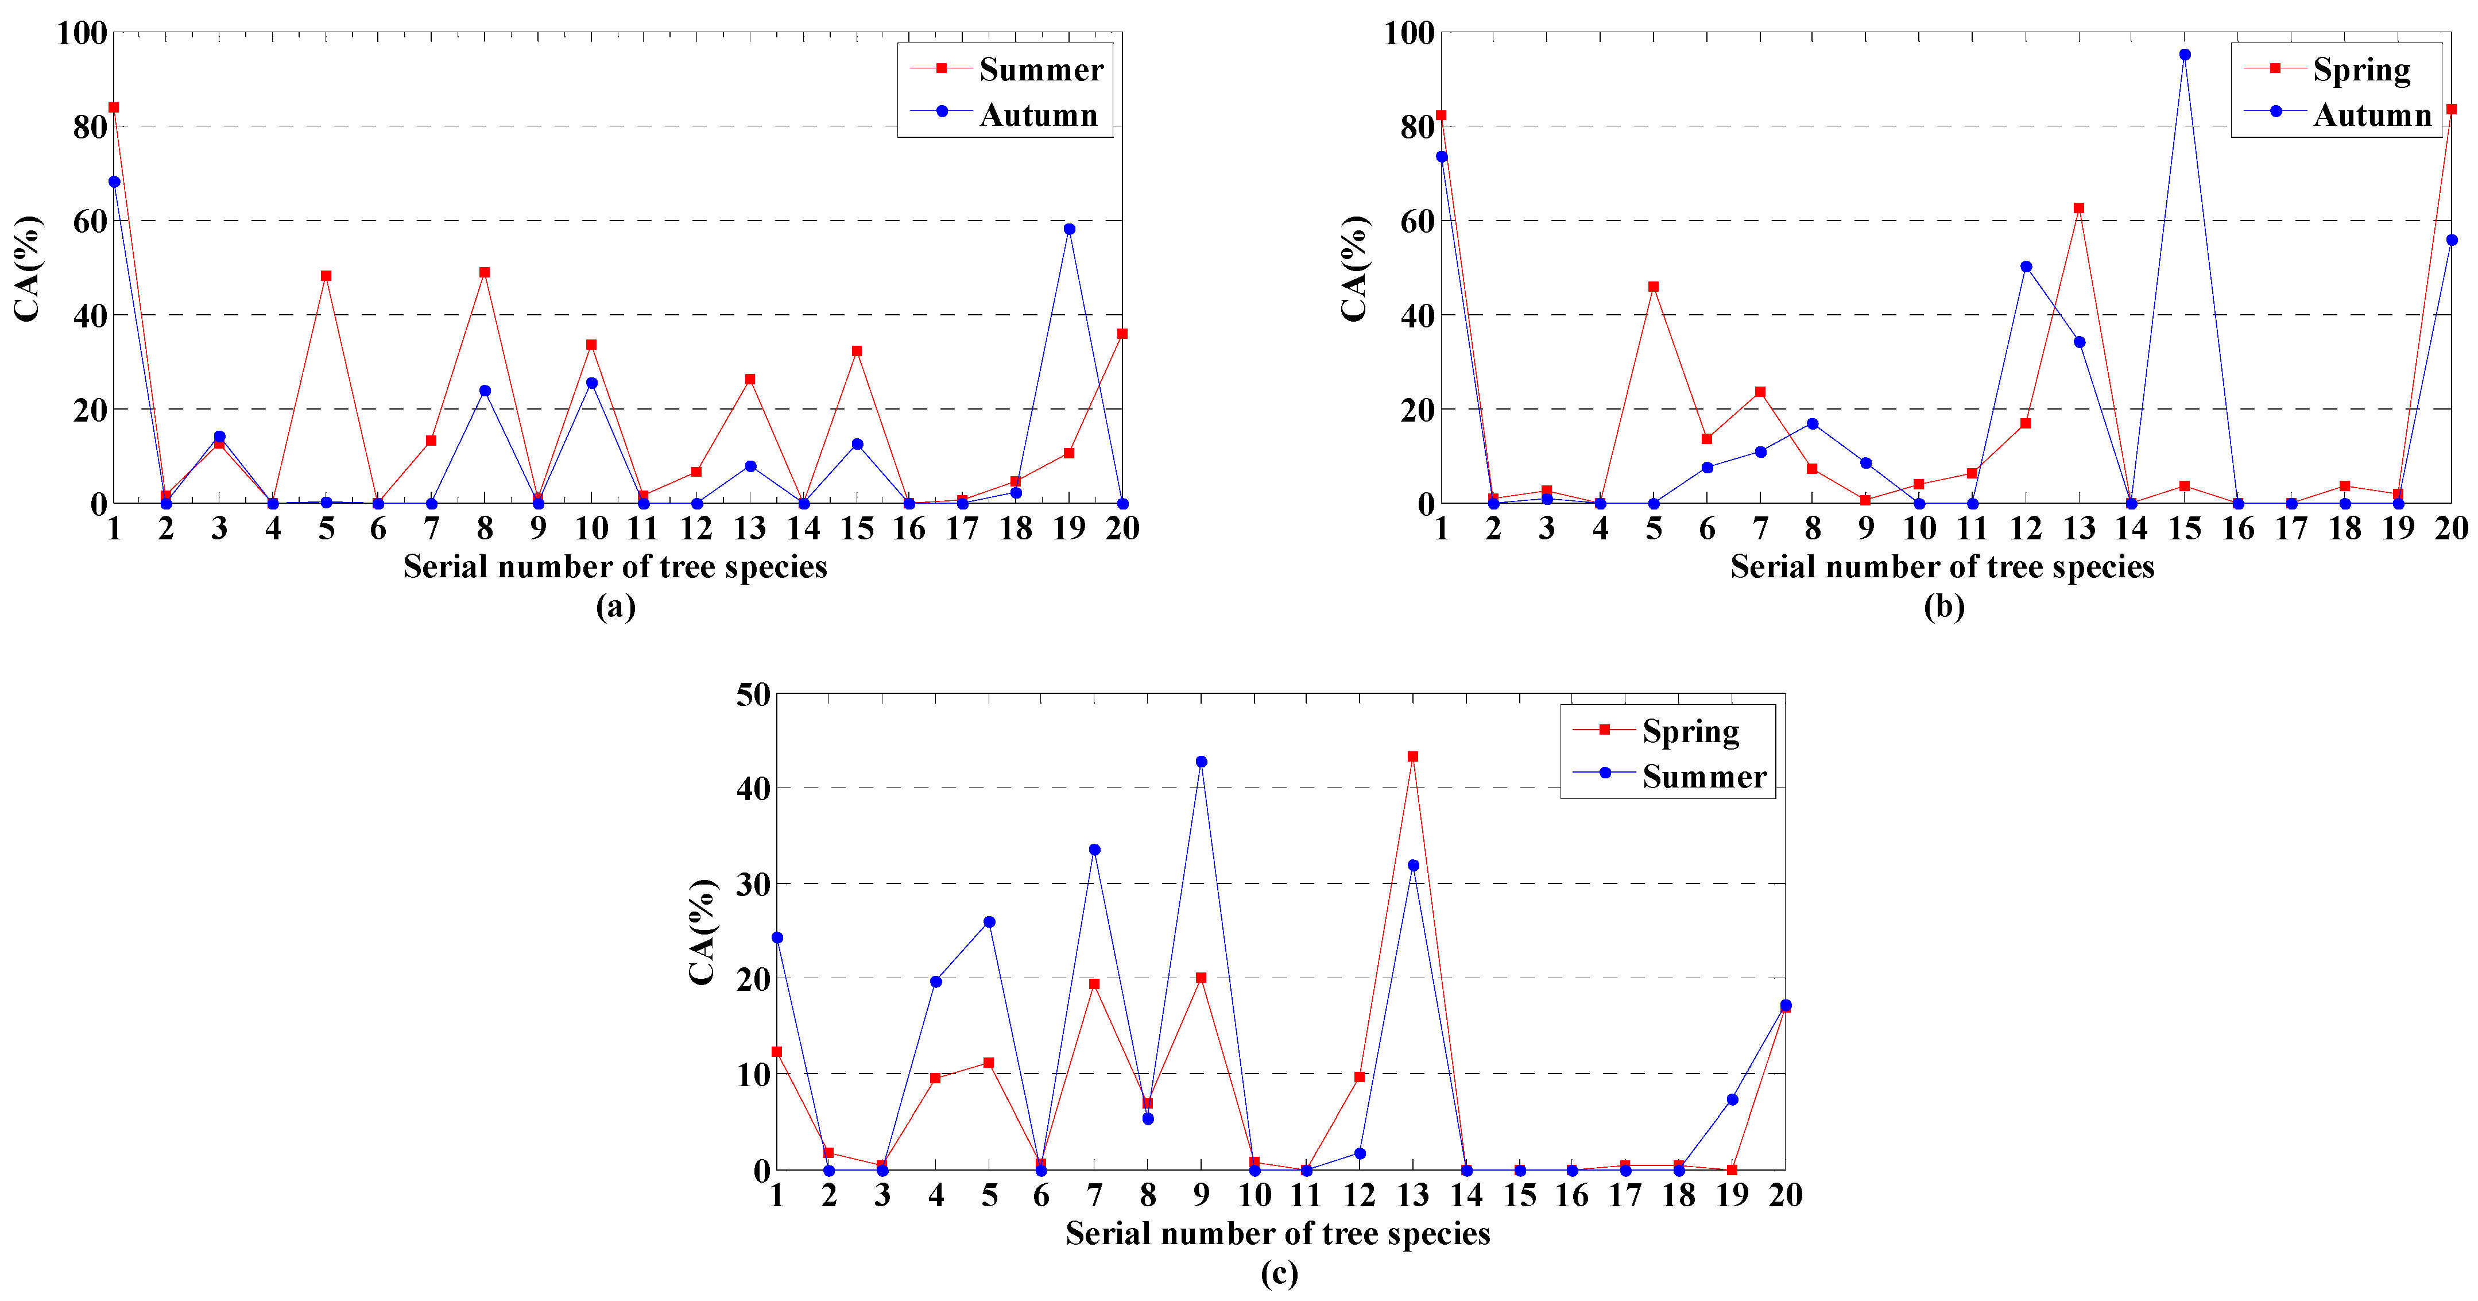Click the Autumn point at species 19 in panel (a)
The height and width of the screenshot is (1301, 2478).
tap(1068, 229)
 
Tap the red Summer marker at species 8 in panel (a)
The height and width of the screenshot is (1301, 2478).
tap(485, 272)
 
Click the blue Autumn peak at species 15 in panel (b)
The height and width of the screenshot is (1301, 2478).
tap(2185, 55)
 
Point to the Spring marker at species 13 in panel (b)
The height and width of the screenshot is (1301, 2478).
tap(2079, 208)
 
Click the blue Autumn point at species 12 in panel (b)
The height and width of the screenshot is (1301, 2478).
tap(2026, 267)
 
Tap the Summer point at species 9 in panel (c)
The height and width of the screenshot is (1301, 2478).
tap(1201, 761)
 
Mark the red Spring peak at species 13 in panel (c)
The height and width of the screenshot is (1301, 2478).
tap(1413, 756)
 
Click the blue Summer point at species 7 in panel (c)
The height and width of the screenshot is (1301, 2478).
tap(1094, 850)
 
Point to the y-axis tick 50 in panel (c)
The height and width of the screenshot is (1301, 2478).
tap(753, 695)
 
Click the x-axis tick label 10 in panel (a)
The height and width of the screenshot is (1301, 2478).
tap(591, 528)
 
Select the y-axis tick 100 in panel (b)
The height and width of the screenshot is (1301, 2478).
tap(1408, 34)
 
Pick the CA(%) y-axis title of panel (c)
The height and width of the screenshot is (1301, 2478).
tap(702, 932)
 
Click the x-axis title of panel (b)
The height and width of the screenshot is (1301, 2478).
tap(1942, 567)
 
